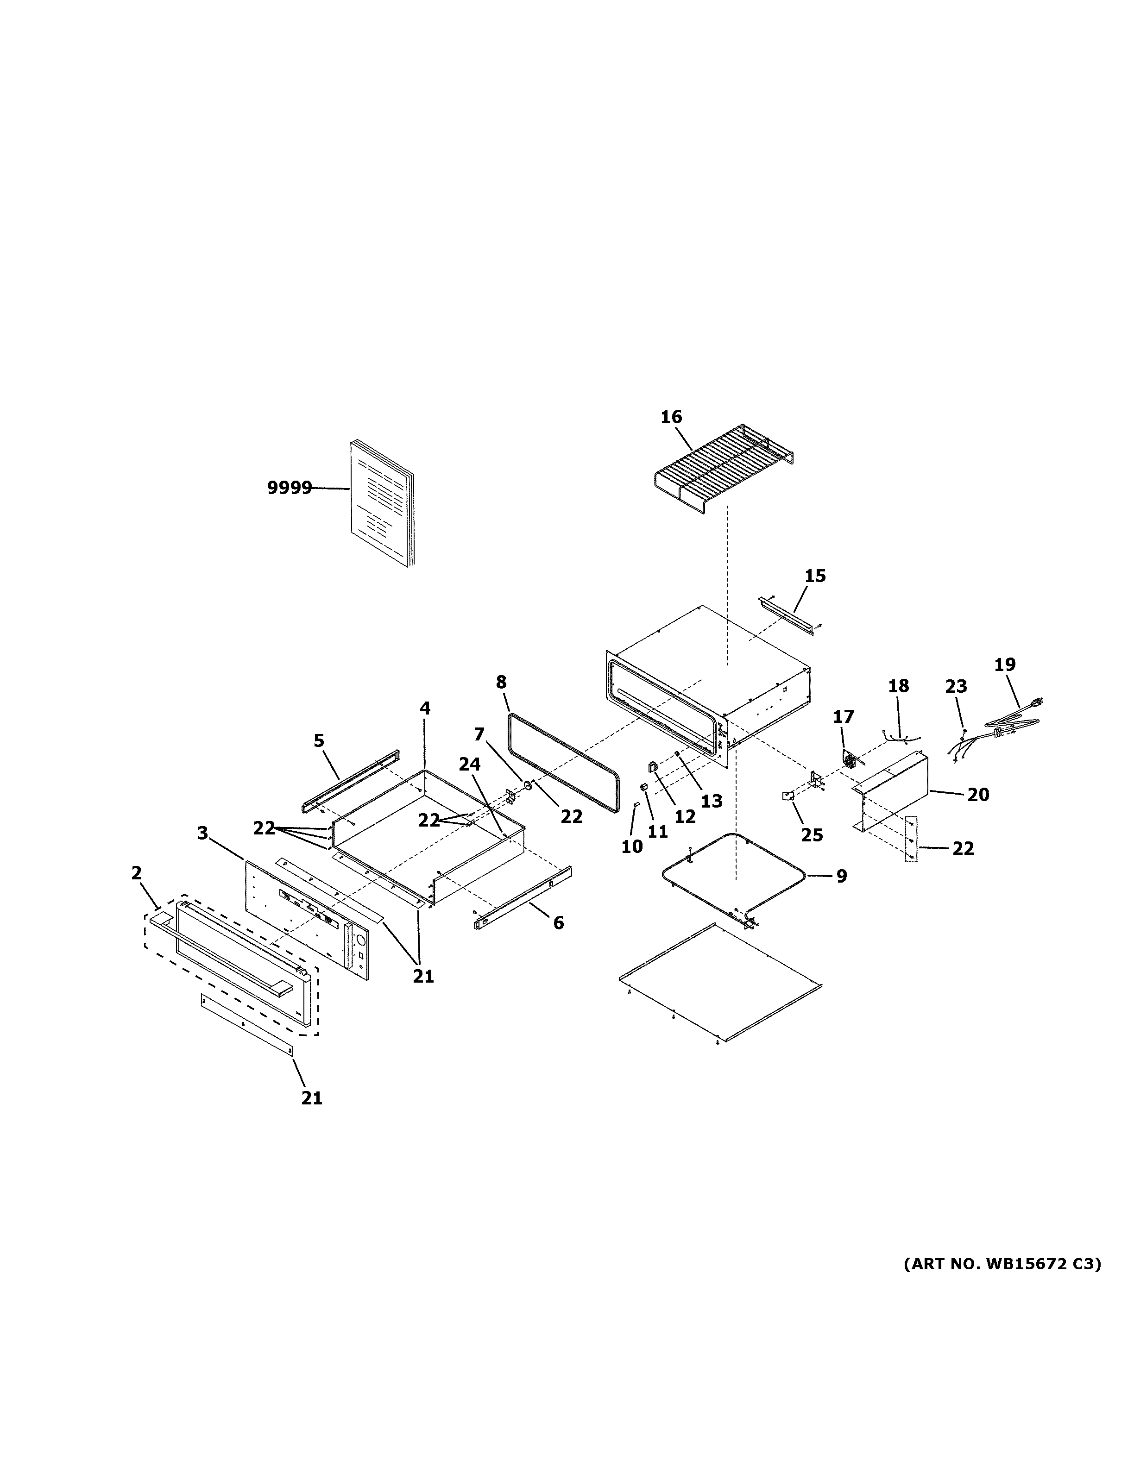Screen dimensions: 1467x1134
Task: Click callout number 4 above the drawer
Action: pyautogui.click(x=425, y=708)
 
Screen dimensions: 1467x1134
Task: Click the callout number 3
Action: pyautogui.click(x=202, y=834)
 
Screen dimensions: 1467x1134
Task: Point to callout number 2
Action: pyautogui.click(x=136, y=873)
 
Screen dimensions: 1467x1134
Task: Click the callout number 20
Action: pyautogui.click(x=978, y=795)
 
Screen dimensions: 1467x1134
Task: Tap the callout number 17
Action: pyautogui.click(x=843, y=717)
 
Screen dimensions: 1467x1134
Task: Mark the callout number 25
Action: pyautogui.click(x=812, y=835)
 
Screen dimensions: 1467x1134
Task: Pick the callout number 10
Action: pyautogui.click(x=631, y=847)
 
